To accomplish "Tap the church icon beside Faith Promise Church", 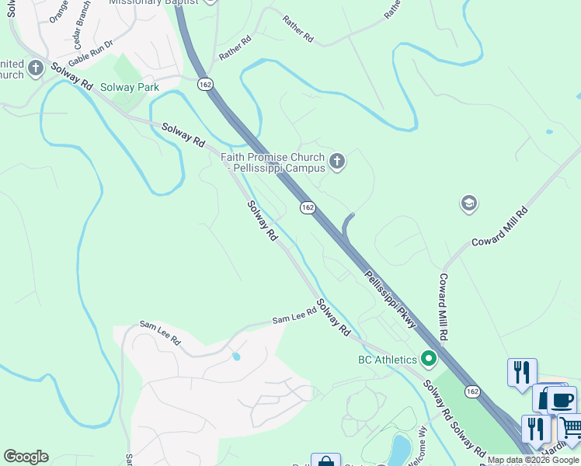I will pos(337,162).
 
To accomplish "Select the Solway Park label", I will pos(130,87).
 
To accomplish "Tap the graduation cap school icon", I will pos(468,203).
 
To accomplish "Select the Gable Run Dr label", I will pos(91,53).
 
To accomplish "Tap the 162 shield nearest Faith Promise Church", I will pos(308,207).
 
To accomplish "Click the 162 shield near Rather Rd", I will pos(205,84).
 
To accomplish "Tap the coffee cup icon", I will pos(561,399).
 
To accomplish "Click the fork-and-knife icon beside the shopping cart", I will pos(535,428).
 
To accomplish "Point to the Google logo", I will pos(26,457).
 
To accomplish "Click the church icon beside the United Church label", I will pos(35,69).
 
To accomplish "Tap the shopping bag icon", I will pos(326,461).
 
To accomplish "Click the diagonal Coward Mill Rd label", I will pos(499,227).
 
